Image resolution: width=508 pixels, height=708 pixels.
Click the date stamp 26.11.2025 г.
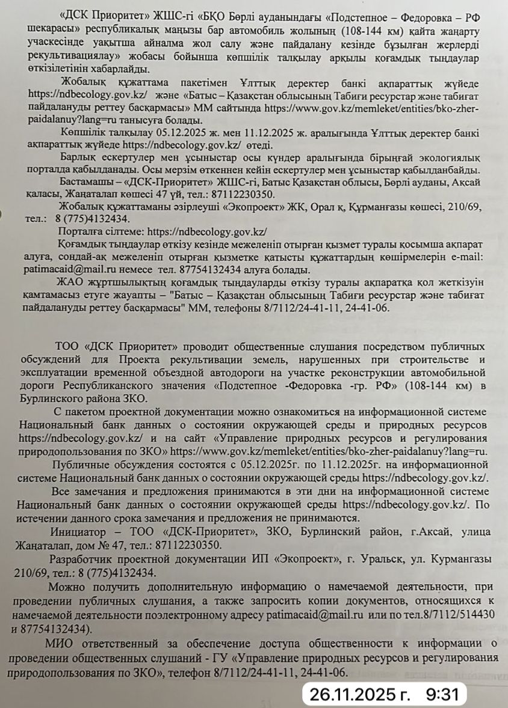(x=359, y=695)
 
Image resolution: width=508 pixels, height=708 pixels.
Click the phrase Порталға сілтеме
(x=101, y=231)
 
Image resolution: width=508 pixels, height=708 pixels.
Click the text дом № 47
(x=88, y=546)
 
